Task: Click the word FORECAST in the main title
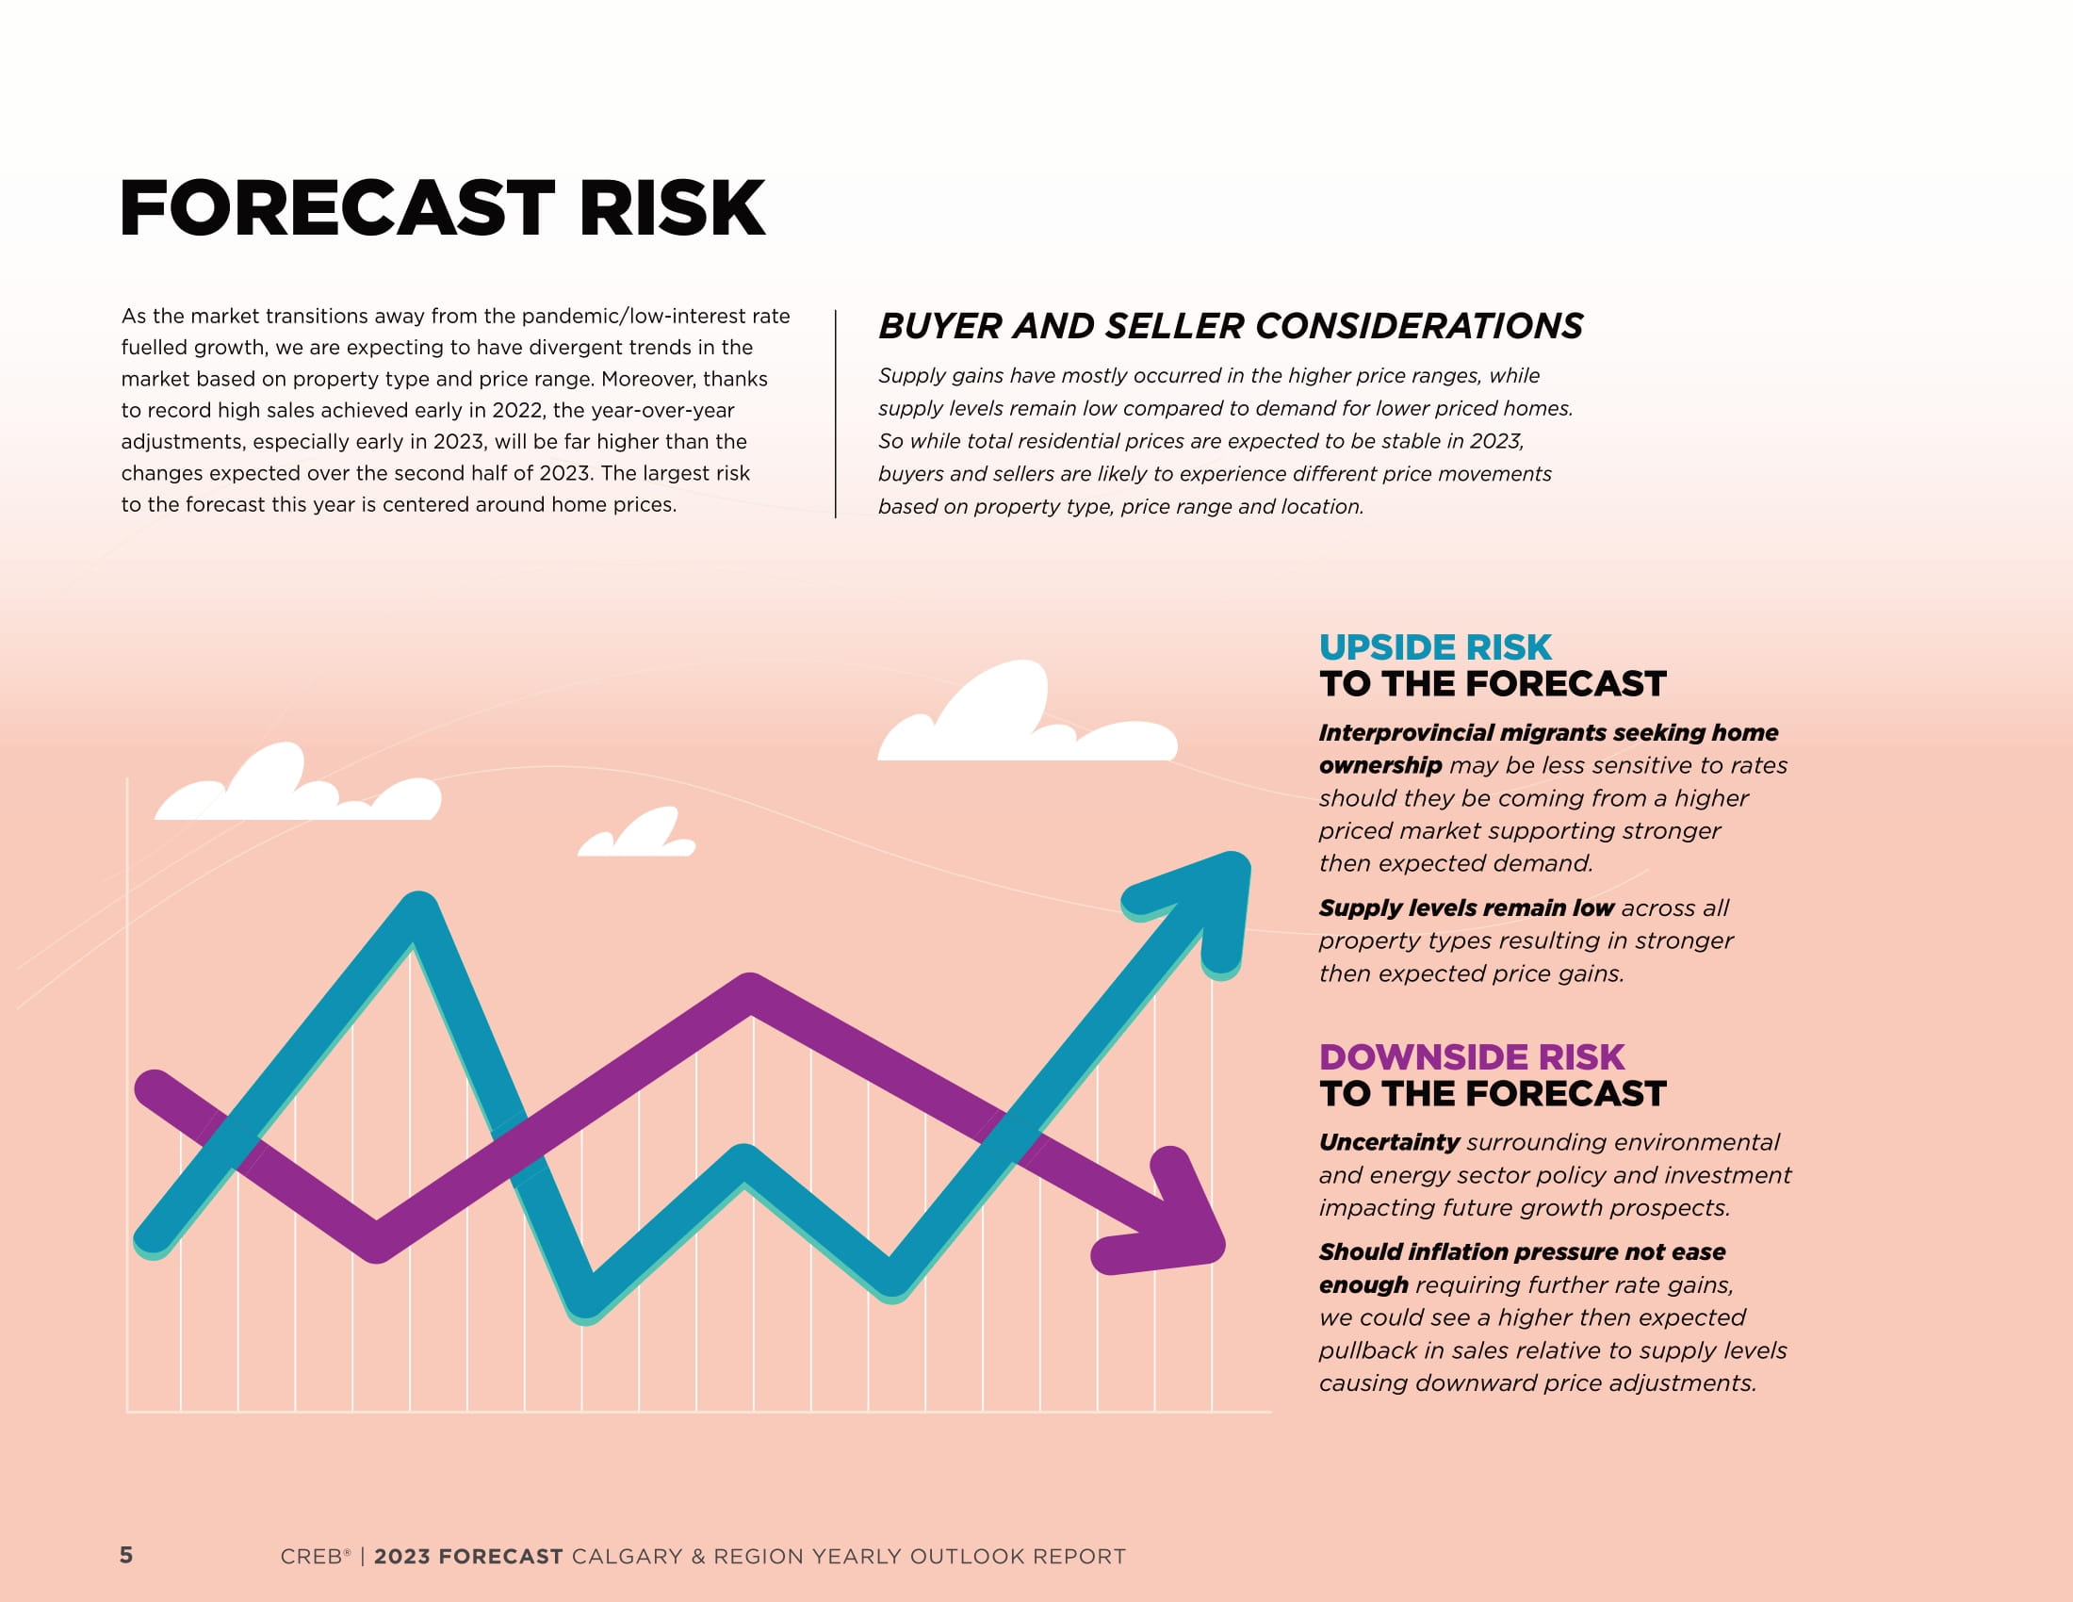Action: point(337,208)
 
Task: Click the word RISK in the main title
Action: point(672,208)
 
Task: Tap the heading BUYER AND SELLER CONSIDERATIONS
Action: point(1230,325)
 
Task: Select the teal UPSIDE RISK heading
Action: point(1435,647)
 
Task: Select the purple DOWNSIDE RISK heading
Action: point(1471,1057)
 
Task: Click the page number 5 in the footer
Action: point(126,1555)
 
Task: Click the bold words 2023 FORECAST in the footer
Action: point(469,1557)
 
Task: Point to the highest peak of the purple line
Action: point(751,991)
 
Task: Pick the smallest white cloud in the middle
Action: point(637,834)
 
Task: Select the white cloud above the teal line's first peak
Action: point(298,786)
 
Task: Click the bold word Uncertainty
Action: point(1389,1142)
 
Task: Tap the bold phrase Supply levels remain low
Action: point(1466,908)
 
